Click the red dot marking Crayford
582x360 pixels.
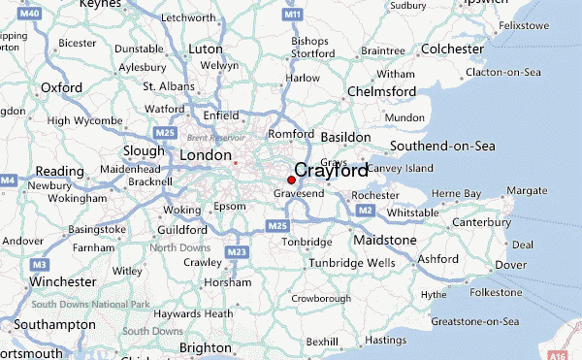(291, 180)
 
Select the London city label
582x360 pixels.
(205, 155)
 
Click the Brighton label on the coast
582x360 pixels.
(206, 347)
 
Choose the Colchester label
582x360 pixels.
(451, 49)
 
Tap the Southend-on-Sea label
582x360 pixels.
(442, 147)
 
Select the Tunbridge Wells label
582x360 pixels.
(351, 263)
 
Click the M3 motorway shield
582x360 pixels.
(39, 264)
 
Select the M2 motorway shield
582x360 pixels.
(365, 210)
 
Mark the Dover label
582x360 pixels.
(511, 264)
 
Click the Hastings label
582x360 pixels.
(385, 340)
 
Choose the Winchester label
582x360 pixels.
(63, 281)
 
